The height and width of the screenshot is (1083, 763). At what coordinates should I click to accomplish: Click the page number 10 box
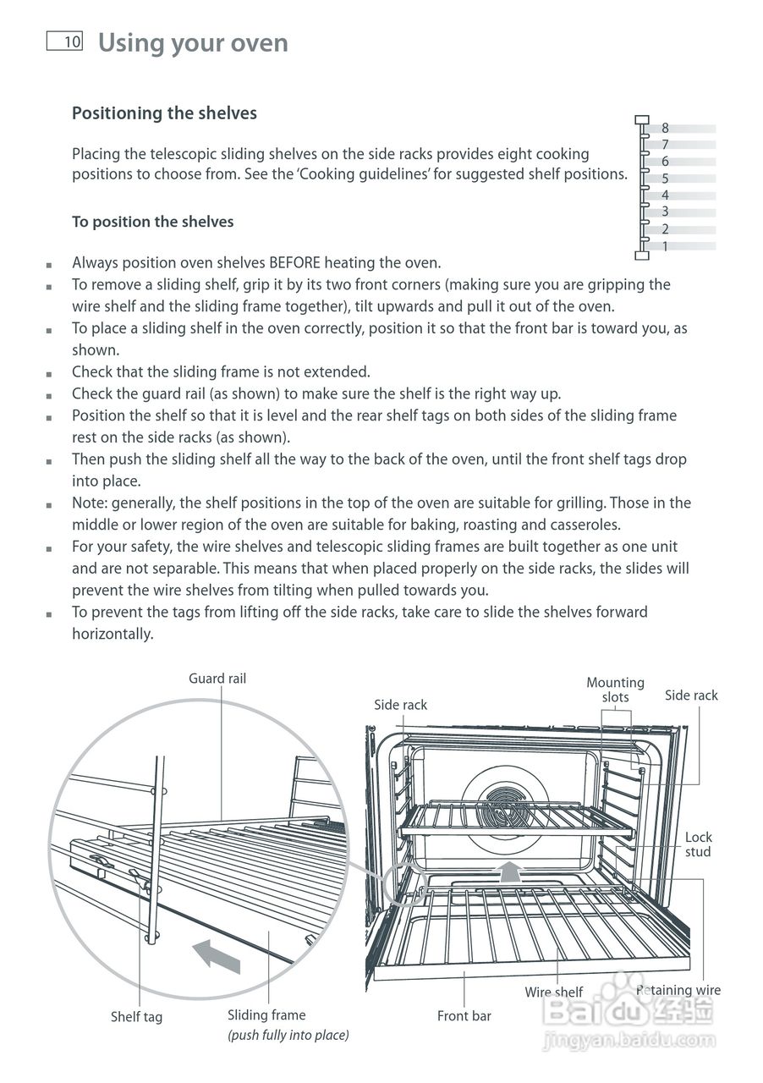65,41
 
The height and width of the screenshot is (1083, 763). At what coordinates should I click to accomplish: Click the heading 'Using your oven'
193,42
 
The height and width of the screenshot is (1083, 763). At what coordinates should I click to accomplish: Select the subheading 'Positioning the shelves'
164,113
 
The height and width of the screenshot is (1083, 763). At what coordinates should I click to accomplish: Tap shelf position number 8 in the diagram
665,129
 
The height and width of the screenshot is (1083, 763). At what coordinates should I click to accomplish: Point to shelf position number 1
665,246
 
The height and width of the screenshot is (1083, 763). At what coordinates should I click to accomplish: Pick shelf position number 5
665,179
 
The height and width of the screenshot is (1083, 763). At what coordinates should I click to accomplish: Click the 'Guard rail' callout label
217,679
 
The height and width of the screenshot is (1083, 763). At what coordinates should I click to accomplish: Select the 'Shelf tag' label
136,1017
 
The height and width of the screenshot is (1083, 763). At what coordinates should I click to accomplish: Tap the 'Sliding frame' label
266,1015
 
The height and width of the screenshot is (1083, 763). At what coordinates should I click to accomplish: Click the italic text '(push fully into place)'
288,1036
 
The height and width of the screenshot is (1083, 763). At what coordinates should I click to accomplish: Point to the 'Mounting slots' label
615,690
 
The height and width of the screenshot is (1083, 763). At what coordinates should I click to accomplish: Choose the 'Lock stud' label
698,844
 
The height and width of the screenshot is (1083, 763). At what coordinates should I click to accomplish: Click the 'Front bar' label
464,1016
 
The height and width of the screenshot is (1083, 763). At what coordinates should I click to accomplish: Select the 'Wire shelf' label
554,992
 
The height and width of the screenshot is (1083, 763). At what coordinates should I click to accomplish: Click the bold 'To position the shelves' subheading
152,222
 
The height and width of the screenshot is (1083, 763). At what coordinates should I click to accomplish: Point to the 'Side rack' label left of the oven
401,705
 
